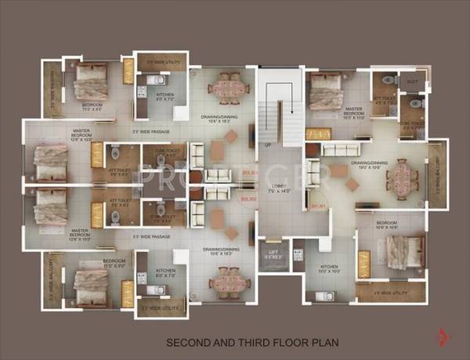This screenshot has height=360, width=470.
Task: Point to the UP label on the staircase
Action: tap(268, 145)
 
